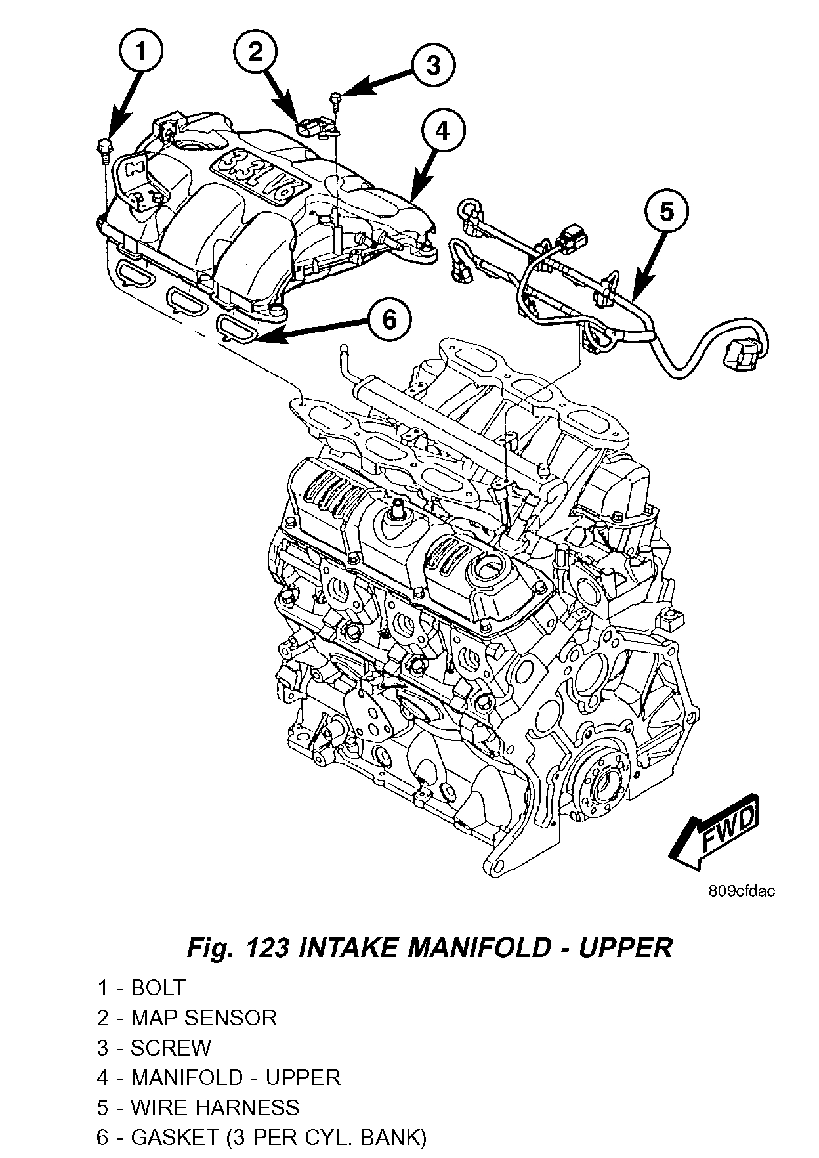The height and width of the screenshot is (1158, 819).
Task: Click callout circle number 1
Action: click(142, 51)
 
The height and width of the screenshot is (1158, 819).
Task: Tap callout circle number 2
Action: click(256, 51)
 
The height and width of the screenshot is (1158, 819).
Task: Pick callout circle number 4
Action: click(444, 130)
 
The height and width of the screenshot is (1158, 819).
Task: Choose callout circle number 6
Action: click(389, 320)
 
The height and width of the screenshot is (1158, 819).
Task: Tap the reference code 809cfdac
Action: click(742, 891)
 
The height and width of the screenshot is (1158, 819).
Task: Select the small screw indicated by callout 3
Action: click(337, 98)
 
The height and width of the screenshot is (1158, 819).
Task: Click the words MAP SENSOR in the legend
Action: click(203, 1018)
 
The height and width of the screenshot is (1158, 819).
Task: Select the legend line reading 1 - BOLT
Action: click(141, 987)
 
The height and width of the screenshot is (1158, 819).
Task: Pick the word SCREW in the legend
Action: click(171, 1048)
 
